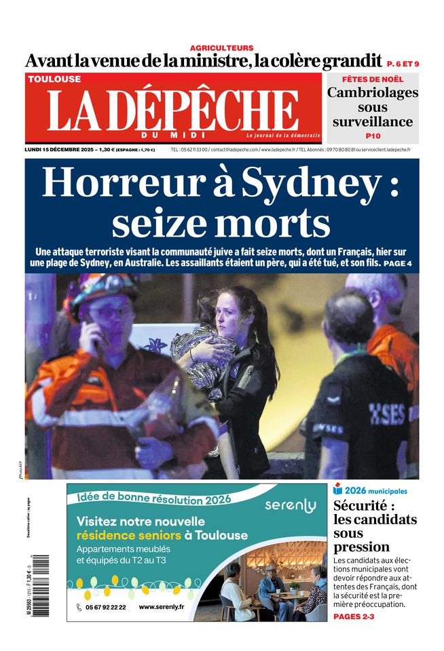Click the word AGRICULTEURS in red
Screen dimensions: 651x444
click(221, 47)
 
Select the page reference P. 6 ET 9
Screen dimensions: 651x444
click(403, 64)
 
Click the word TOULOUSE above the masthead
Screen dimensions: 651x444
click(54, 79)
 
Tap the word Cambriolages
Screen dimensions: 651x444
click(373, 93)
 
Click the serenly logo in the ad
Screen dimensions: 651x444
click(291, 506)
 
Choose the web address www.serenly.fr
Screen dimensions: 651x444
click(161, 607)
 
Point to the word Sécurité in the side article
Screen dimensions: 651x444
click(364, 506)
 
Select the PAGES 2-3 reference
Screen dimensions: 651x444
click(354, 616)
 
